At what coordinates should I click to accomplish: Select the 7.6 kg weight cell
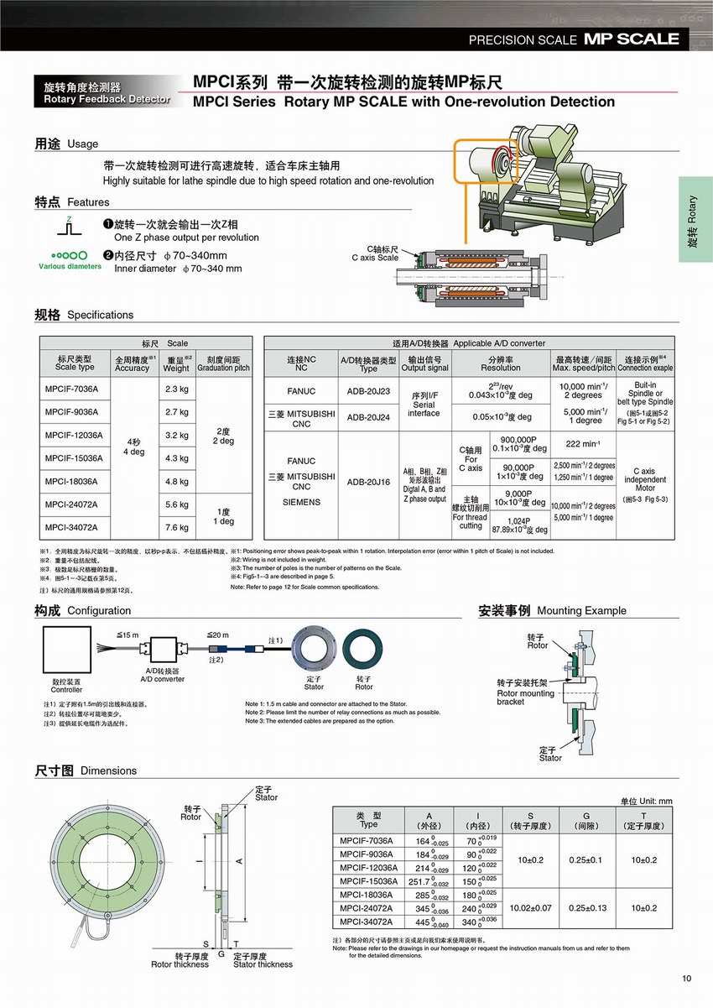pos(176,527)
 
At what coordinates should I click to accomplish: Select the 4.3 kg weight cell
pos(176,458)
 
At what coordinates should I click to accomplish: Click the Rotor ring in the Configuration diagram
pos(364,651)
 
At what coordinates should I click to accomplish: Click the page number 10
pos(687,978)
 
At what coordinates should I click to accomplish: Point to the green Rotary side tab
pos(695,219)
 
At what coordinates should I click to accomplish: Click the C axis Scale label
pos(375,253)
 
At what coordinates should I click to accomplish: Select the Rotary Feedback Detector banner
pos(102,93)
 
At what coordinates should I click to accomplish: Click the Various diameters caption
pos(70,266)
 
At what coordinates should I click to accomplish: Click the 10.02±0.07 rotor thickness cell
pos(530,908)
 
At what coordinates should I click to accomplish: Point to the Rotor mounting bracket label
pos(526,692)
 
